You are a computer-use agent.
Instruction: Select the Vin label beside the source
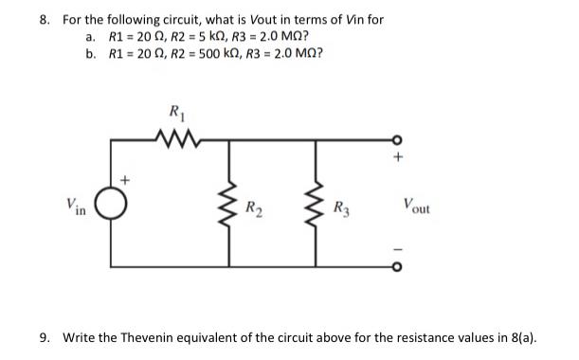77,204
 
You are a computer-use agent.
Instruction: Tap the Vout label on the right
416,204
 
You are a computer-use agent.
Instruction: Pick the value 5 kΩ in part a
213,36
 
